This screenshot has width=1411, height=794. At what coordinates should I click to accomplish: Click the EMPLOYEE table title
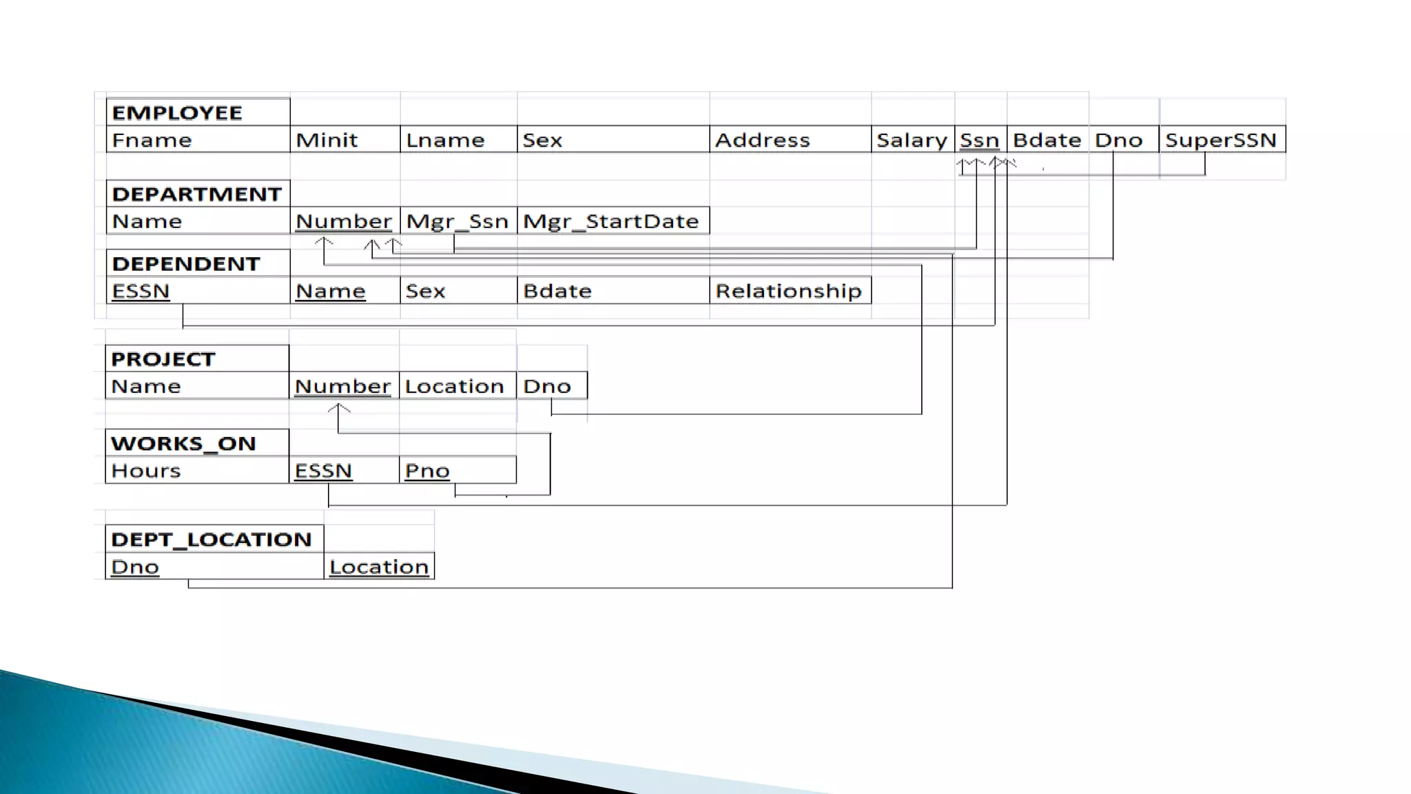click(177, 112)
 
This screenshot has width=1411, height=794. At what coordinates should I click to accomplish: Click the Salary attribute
click(912, 140)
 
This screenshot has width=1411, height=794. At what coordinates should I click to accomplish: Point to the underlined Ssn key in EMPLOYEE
click(979, 140)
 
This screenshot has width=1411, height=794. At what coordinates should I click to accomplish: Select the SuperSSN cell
click(1221, 140)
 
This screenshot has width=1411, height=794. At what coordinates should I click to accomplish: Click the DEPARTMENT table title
click(196, 194)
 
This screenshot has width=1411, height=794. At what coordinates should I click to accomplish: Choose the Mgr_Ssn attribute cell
click(457, 221)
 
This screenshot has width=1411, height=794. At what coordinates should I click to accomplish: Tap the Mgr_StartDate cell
click(611, 221)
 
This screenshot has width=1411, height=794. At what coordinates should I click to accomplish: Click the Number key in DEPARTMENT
click(344, 221)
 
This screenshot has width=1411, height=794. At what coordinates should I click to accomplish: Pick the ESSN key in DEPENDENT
click(141, 291)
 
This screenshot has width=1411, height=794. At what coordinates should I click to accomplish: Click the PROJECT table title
click(163, 359)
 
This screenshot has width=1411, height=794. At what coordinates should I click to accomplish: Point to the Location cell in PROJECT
click(455, 386)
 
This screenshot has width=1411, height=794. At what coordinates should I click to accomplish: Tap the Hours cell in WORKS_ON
click(146, 471)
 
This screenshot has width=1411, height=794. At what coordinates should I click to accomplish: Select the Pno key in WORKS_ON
click(427, 471)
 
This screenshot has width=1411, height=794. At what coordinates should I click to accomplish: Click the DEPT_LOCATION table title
click(212, 539)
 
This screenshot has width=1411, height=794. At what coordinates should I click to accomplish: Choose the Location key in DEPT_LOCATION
click(379, 567)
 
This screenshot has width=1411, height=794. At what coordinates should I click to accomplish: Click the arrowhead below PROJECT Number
click(338, 409)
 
